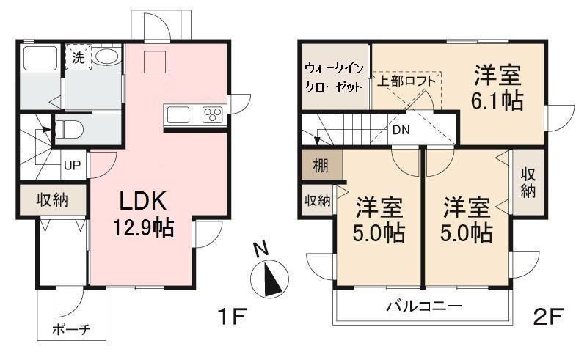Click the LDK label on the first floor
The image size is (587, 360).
(x=142, y=201)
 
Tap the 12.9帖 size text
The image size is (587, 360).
(x=143, y=227)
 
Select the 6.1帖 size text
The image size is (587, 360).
(x=497, y=100)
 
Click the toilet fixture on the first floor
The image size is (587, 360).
(x=69, y=130)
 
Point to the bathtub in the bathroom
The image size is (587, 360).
(x=40, y=58)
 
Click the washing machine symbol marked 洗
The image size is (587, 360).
(x=79, y=57)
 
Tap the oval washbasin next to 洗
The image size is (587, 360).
(x=106, y=56)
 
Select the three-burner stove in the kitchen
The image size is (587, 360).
(x=212, y=114)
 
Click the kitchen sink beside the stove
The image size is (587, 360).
(x=178, y=114)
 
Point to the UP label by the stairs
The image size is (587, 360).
(x=72, y=165)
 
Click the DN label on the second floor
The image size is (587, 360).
(x=401, y=130)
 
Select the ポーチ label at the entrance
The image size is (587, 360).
(x=71, y=330)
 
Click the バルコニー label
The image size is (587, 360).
(x=424, y=306)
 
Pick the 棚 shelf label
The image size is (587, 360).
(x=321, y=166)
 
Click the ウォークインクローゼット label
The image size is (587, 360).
(x=335, y=78)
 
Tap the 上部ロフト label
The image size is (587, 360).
(x=406, y=81)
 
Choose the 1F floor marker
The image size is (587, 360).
(x=232, y=317)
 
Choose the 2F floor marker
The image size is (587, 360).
(x=548, y=317)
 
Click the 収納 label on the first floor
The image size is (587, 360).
(x=52, y=200)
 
